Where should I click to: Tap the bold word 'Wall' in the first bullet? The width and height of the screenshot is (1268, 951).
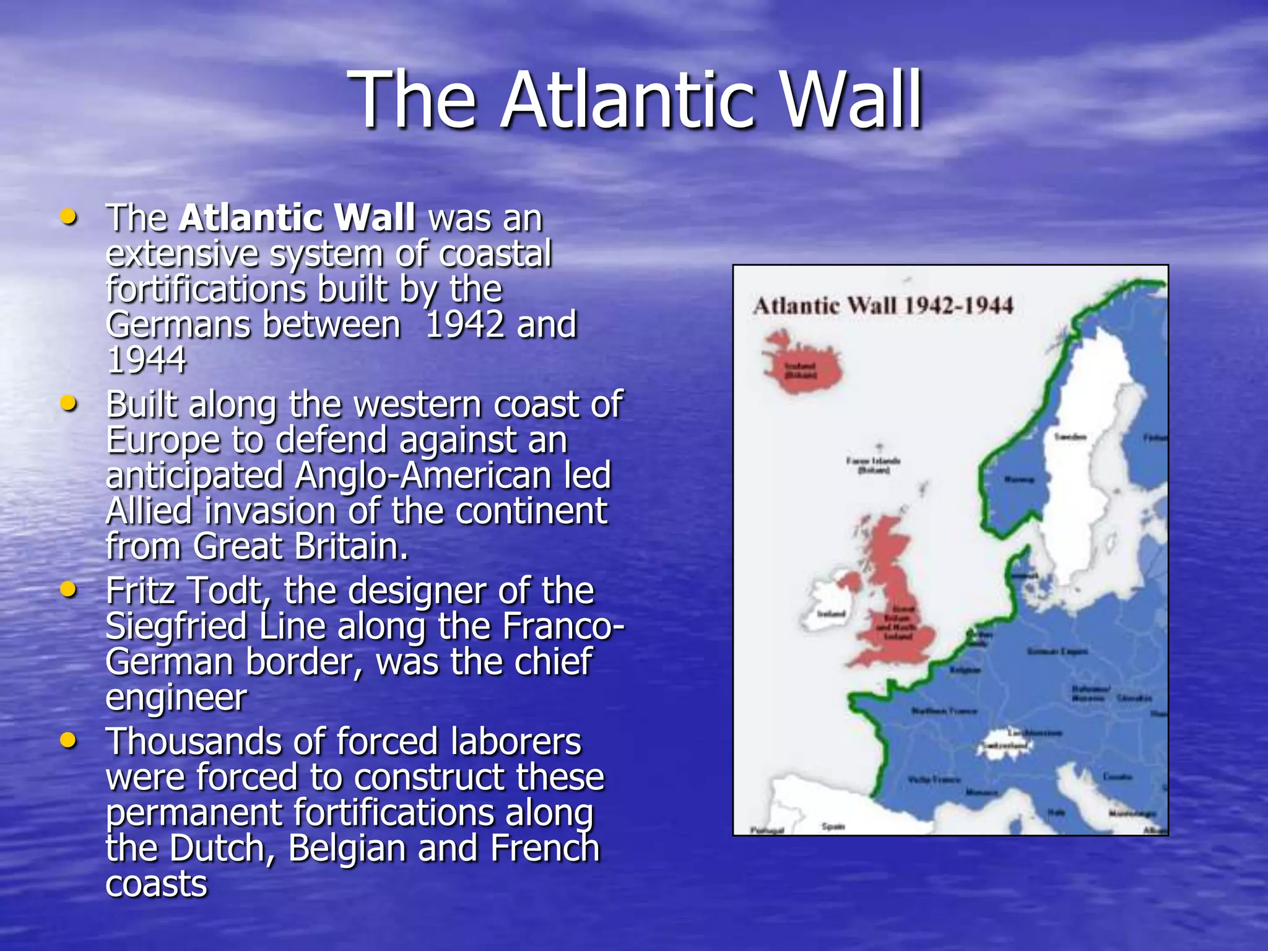coord(374,218)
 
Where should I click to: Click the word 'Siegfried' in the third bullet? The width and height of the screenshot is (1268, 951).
coord(176,627)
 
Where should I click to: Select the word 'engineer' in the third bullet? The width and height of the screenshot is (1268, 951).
coord(176,698)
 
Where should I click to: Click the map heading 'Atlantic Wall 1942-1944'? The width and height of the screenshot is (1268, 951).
coord(883,306)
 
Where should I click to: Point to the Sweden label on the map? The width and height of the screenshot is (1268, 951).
coord(1070,437)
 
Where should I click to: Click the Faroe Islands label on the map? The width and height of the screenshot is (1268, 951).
coord(873,465)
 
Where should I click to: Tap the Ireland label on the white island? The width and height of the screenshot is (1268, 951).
coord(831,614)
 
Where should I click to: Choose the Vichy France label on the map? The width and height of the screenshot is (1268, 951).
coord(934,779)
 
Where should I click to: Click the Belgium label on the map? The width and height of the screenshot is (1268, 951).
coord(965,670)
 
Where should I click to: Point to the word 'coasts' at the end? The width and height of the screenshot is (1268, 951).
coord(156,884)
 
